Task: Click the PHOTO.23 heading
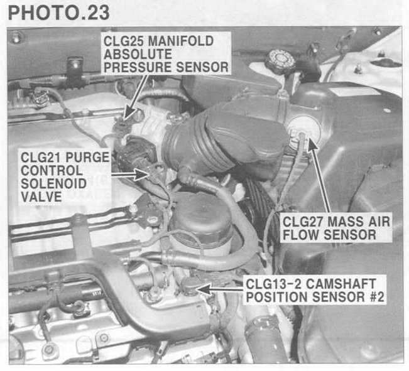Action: tap(58, 13)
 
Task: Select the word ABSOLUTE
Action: tap(138, 54)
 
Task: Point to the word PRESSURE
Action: tap(138, 67)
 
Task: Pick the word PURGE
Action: tap(87, 158)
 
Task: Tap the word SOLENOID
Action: tap(53, 183)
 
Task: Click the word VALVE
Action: tap(41, 196)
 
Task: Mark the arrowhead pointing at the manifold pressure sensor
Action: tap(129, 114)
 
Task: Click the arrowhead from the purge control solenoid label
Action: tap(141, 175)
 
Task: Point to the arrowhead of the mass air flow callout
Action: tap(313, 143)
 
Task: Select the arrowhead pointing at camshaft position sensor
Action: tap(204, 289)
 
